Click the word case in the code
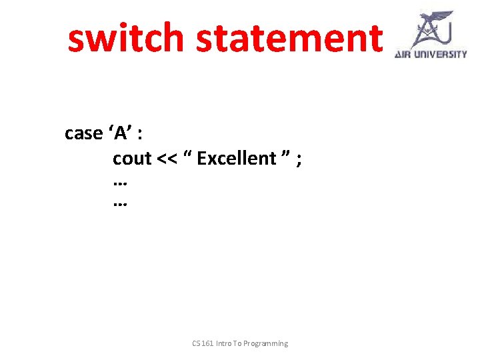[x=83, y=133]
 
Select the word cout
[x=132, y=159]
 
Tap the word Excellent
[x=237, y=159]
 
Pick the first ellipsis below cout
[x=121, y=181]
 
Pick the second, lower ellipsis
[x=121, y=205]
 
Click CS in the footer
[x=197, y=343]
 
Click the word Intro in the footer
[x=226, y=343]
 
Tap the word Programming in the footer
[x=266, y=343]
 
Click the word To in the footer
[x=239, y=343]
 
